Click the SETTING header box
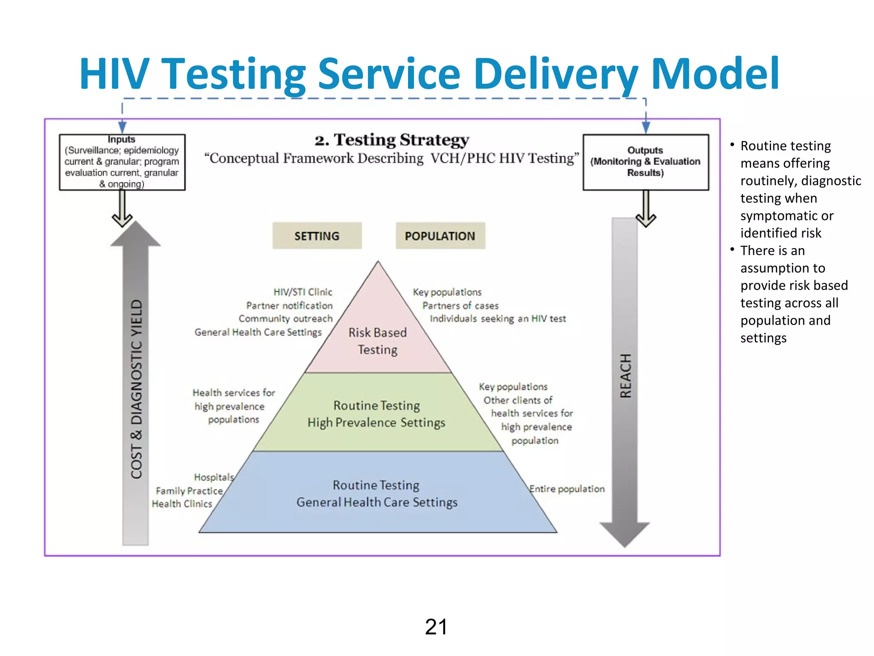tap(317, 236)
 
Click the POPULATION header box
tap(440, 236)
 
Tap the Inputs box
tap(122, 162)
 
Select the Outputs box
tap(645, 162)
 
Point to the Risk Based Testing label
tap(378, 341)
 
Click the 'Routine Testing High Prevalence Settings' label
tap(376, 414)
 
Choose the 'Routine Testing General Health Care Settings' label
tap(377, 494)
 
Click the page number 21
tap(436, 627)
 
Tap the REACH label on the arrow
tap(625, 376)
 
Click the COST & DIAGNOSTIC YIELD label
tap(136, 389)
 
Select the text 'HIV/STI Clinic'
tap(303, 292)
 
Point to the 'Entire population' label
tap(567, 489)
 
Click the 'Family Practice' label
tap(189, 491)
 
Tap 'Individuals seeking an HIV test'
tap(498, 319)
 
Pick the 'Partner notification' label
tap(289, 305)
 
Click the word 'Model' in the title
tap(715, 74)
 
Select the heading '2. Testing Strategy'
tap(392, 140)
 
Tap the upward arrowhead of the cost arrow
tap(136, 235)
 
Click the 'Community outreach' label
tap(286, 319)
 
